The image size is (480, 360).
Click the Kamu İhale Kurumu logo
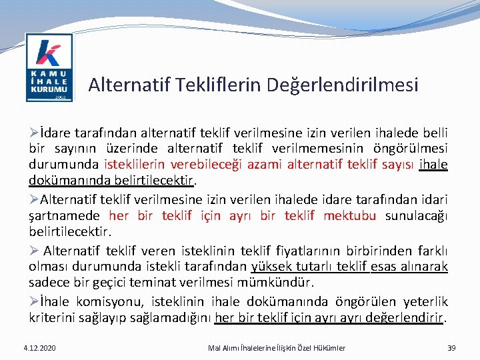(x=49, y=69)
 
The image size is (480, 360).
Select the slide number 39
(x=451, y=348)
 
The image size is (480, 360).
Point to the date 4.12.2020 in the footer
(x=39, y=348)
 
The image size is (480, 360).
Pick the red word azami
(x=265, y=165)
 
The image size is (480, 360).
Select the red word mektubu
(x=350, y=215)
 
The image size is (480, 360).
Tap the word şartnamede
(x=64, y=215)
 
